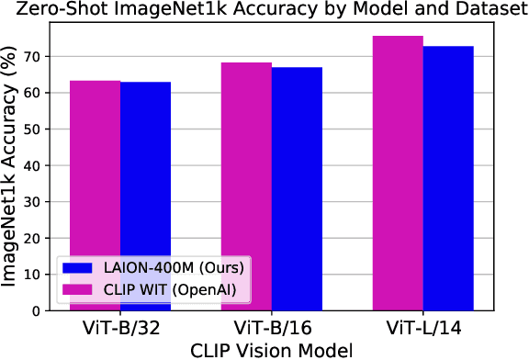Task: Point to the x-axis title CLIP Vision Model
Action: point(272,349)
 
